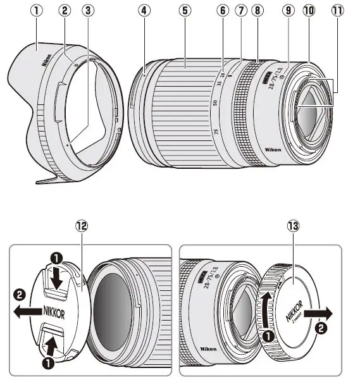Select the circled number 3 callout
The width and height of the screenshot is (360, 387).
(x=88, y=11)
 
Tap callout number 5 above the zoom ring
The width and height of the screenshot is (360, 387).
(x=185, y=11)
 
